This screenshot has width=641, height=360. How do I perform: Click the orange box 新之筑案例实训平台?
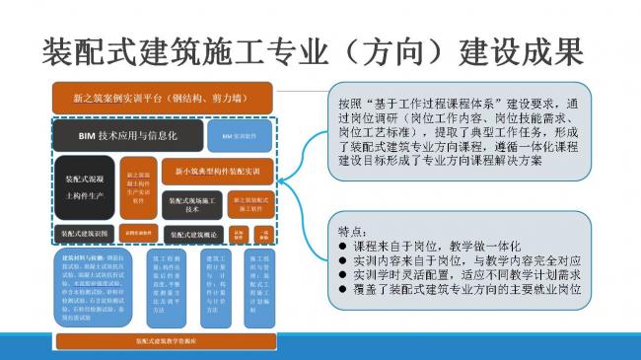point(164,99)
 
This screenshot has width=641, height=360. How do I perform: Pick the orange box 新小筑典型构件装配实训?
point(218,172)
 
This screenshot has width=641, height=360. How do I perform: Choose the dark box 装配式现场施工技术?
point(192,203)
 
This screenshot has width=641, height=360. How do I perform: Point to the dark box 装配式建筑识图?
point(85,234)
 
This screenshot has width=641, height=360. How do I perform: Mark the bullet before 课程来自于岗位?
point(342,245)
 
